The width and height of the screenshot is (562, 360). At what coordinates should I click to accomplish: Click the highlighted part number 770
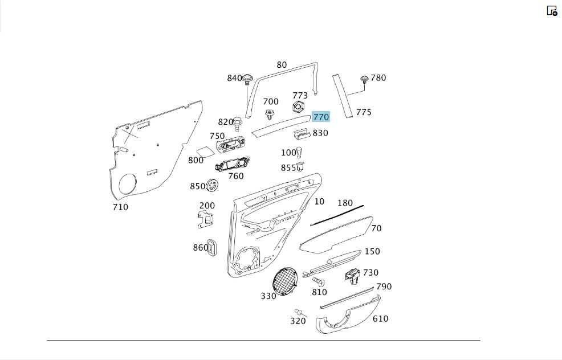(x=321, y=117)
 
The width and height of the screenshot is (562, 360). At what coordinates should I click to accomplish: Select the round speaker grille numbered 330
(x=285, y=281)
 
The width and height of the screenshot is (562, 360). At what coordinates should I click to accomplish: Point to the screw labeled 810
(x=318, y=281)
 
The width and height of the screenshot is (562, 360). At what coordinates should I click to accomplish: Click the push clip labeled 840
(x=247, y=80)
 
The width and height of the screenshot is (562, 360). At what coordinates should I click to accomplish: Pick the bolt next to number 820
(x=237, y=124)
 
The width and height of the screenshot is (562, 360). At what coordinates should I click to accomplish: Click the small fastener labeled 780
(x=364, y=79)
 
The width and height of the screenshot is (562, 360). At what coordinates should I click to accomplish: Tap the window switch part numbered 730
(x=353, y=276)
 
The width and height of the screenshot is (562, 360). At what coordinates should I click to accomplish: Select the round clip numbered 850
(x=212, y=185)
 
